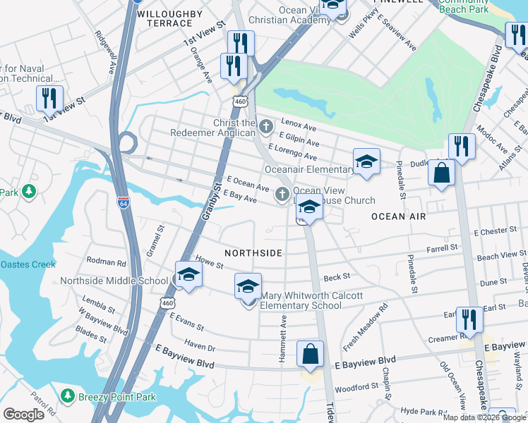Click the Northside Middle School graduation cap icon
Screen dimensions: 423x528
[x=188, y=275]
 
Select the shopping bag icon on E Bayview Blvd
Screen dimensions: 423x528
[x=311, y=355]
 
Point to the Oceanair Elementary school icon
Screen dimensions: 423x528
[x=366, y=162]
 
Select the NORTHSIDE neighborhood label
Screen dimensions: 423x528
[x=253, y=253]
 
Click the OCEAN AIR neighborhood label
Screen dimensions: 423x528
[x=399, y=216]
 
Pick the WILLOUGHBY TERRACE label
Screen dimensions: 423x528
[x=164, y=18]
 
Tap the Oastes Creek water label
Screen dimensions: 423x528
[x=28, y=264]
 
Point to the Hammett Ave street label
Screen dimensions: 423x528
[x=282, y=339]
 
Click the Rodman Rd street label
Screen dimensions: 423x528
[x=106, y=262]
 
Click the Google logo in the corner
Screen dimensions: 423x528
[x=23, y=415]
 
